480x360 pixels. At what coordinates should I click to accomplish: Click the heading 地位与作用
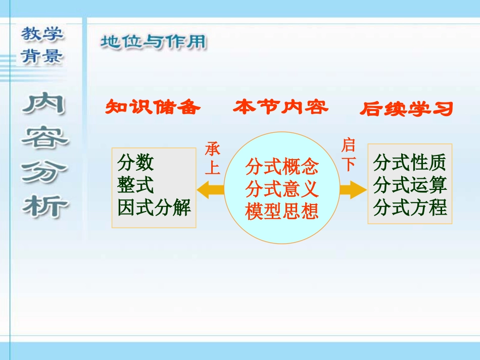tap(153, 42)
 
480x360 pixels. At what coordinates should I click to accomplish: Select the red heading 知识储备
tap(153, 107)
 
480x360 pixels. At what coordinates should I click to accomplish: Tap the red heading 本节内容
tap(280, 107)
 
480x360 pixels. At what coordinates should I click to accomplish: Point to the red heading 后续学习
tap(407, 109)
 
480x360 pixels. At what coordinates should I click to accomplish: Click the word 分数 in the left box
tap(135, 163)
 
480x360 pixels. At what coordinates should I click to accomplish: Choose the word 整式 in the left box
tap(135, 185)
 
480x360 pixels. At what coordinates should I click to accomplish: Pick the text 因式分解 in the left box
tap(154, 208)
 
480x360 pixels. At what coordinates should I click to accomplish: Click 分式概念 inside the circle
tap(282, 167)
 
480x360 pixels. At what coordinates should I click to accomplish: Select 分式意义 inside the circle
tap(282, 189)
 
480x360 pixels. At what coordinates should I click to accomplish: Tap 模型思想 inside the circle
tap(282, 211)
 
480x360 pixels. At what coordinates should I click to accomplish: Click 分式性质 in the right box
tap(410, 163)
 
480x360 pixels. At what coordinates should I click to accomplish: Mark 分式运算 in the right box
tap(410, 185)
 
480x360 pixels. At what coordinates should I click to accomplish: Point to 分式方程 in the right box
tap(410, 208)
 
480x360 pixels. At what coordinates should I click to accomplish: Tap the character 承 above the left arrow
tap(213, 149)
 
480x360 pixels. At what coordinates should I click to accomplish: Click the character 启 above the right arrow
tap(349, 145)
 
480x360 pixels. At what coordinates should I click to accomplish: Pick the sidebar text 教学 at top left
tap(42, 34)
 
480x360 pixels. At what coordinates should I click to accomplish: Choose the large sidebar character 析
tap(45, 205)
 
